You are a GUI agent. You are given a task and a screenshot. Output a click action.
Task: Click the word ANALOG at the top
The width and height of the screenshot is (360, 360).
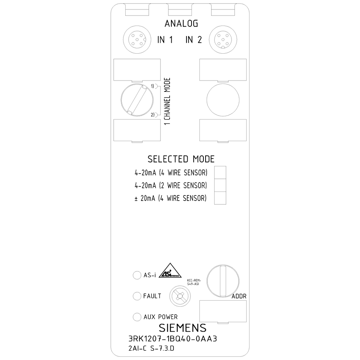point(181,24)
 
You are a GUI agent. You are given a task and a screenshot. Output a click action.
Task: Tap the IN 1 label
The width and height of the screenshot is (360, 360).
point(165,40)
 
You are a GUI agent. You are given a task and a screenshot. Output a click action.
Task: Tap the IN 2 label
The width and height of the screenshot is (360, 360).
point(193,40)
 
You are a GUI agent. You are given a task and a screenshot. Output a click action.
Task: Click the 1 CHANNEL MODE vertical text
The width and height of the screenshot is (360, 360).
point(167,101)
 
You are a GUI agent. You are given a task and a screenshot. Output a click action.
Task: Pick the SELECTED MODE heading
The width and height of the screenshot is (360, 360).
point(181,159)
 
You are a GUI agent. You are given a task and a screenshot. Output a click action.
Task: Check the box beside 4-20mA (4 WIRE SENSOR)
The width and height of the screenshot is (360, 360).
point(220,173)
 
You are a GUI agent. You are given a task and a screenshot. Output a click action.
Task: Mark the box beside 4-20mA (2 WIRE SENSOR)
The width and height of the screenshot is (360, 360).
point(220,185)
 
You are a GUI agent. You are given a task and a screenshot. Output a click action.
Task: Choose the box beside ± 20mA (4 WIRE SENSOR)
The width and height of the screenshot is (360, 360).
point(220,198)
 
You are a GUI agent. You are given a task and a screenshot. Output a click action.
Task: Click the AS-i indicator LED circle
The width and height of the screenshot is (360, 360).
point(137,275)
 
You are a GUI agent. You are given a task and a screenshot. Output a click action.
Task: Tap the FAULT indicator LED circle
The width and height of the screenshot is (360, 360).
point(137,296)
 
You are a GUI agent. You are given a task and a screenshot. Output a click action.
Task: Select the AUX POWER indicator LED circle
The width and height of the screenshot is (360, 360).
point(137,317)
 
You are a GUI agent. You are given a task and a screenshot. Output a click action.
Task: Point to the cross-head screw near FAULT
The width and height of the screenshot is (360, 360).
point(180,296)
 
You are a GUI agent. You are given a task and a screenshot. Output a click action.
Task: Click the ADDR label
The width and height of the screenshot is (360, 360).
point(239,296)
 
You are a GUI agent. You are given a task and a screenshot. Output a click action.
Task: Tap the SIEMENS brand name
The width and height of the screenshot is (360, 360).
point(183,328)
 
